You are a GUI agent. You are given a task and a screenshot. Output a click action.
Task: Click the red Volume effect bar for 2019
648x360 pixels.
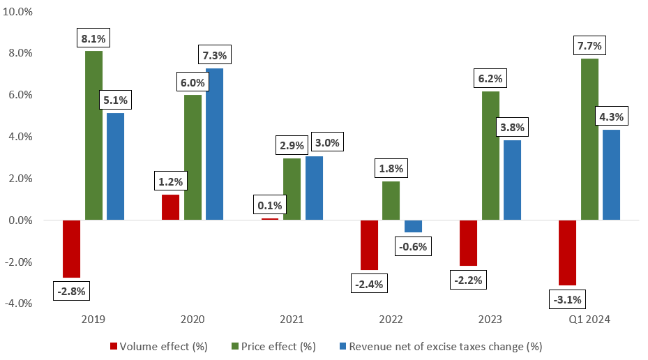click(x=72, y=249)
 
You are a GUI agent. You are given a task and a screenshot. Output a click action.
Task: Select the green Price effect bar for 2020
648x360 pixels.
click(x=193, y=158)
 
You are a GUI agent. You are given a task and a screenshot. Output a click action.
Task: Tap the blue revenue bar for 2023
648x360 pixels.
click(x=511, y=180)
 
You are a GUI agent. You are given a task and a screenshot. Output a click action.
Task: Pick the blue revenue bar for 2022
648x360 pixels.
click(x=412, y=227)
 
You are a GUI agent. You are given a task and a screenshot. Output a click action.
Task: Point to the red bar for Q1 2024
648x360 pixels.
click(x=567, y=253)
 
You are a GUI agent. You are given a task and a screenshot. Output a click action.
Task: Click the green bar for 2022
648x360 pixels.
click(x=391, y=201)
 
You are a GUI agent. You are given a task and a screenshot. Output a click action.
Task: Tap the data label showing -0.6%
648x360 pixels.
click(x=412, y=246)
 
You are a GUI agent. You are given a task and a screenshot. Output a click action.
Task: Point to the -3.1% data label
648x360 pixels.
click(x=567, y=301)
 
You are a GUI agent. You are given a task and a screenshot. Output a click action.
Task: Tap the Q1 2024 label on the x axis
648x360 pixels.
click(x=589, y=321)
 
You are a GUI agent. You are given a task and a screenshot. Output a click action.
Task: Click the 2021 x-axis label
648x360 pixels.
click(x=292, y=321)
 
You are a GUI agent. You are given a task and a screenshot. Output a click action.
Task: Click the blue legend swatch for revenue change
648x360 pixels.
click(x=342, y=346)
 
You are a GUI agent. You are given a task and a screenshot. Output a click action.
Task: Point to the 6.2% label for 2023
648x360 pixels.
click(x=490, y=80)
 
